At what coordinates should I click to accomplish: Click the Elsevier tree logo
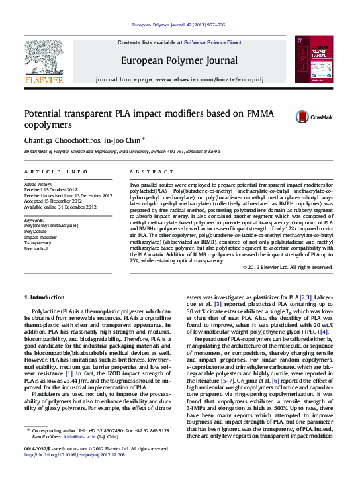[44, 58]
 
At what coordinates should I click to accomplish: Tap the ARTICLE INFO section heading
[54, 171]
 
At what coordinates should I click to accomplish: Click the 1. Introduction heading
[44, 297]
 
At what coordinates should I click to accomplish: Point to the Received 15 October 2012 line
[50, 190]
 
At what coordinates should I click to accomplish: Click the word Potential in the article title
[46, 113]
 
